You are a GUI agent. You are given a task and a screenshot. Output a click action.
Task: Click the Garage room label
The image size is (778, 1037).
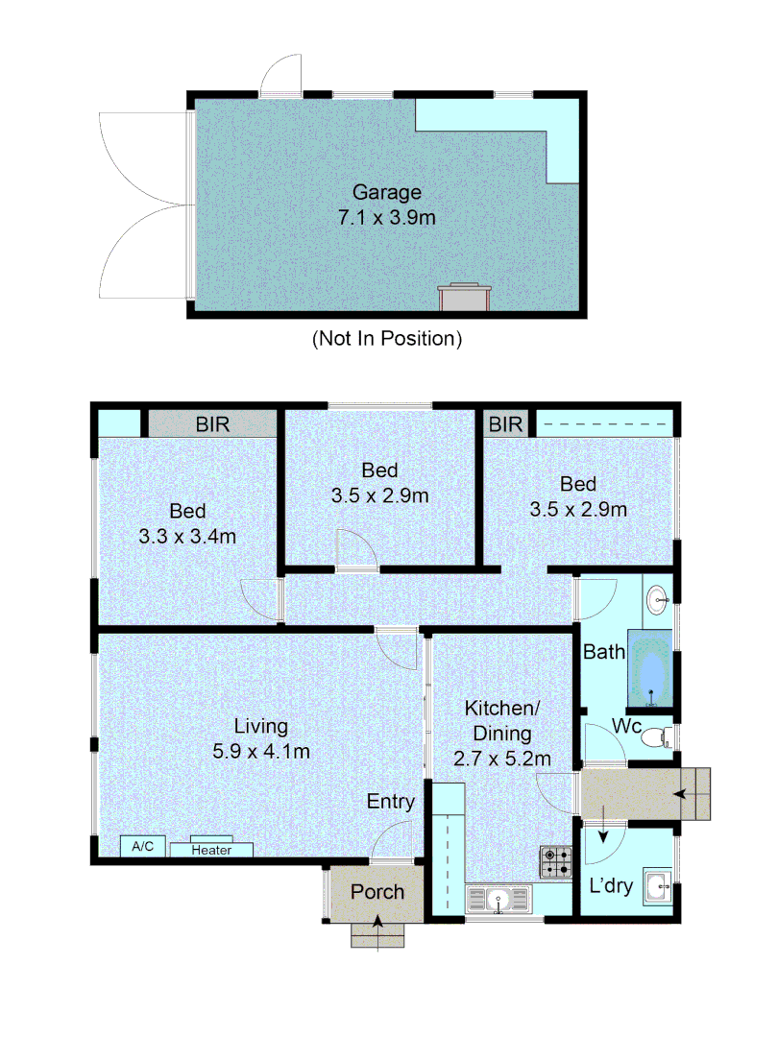[x=387, y=192]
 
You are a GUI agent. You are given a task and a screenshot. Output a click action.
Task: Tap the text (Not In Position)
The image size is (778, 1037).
[x=387, y=339]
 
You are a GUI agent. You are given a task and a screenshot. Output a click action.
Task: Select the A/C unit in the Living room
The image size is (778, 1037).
[x=143, y=847]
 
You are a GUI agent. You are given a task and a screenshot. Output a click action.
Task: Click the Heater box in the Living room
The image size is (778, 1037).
[x=211, y=849]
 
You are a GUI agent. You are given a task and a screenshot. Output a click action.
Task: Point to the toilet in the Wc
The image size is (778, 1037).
[x=657, y=736]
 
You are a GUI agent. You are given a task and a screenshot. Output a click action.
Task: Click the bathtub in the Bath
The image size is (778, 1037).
[x=650, y=669]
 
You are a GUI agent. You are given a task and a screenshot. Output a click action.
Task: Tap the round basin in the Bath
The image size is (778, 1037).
[x=658, y=599]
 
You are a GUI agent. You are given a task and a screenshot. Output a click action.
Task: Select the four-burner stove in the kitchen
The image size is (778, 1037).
[x=556, y=862]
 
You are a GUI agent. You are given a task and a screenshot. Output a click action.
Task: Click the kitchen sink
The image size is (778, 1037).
[x=498, y=900]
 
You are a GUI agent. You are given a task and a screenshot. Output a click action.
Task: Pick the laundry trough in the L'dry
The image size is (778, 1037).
[x=658, y=886]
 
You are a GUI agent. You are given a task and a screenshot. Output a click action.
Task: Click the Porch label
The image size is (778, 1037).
[x=377, y=891]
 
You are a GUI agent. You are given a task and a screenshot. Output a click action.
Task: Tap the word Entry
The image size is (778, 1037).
[x=390, y=802]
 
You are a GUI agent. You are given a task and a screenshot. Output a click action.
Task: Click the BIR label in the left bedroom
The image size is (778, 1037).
[x=212, y=424]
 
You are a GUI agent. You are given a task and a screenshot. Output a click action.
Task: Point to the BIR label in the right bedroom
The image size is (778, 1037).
[x=505, y=424]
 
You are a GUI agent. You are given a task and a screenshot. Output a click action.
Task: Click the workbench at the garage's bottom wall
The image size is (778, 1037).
[x=465, y=297]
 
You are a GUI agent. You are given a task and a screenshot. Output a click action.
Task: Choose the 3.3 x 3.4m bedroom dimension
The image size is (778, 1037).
[x=187, y=537]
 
